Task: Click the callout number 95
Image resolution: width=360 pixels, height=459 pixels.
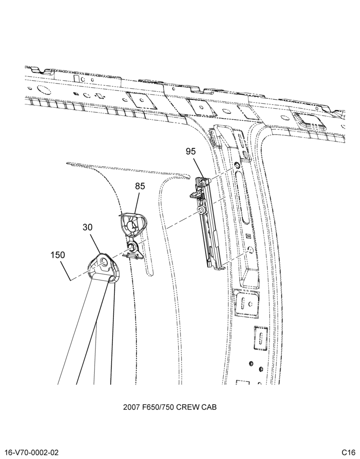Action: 191,151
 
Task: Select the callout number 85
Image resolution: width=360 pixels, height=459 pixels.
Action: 140,186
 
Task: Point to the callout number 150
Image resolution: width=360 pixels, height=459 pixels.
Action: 58,255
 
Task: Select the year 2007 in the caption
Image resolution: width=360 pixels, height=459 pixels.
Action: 130,407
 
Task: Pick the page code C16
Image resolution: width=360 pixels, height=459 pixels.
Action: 348,453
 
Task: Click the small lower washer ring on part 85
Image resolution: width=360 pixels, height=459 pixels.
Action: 131,246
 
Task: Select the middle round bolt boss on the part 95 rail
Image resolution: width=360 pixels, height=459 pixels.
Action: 201,209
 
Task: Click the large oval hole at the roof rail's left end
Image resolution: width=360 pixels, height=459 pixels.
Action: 44,90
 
